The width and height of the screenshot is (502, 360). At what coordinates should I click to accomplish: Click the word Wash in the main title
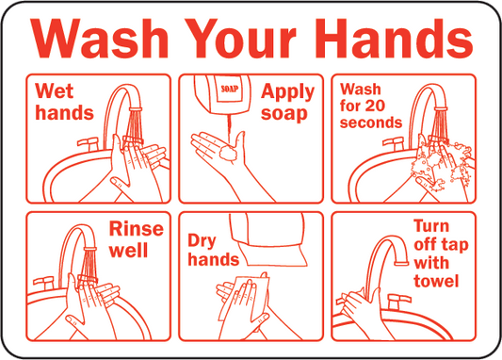coord(99,39)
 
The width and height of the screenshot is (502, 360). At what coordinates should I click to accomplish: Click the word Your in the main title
coord(240,39)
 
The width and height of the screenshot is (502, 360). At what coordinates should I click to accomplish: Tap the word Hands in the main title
coord(396,39)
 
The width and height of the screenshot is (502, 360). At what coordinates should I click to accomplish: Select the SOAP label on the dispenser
coord(230,89)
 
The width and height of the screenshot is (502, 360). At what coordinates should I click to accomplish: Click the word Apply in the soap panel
coord(288,93)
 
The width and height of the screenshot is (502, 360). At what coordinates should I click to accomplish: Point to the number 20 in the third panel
coord(375,106)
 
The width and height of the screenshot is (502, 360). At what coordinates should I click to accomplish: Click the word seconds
coord(371,123)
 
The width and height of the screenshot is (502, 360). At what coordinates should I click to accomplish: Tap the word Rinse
coord(137,229)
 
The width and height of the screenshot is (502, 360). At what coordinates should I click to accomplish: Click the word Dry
coord(202,241)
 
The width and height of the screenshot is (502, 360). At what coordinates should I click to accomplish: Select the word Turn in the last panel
coord(431,226)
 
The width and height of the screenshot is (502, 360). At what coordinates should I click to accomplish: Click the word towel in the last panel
coord(436,281)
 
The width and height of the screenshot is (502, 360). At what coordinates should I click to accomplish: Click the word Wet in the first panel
coord(55,91)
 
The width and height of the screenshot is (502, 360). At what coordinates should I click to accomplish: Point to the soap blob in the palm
coord(228,153)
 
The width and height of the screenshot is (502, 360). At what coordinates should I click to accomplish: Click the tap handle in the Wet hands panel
coord(89,143)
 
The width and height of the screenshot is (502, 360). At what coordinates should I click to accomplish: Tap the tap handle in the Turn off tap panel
coord(398,301)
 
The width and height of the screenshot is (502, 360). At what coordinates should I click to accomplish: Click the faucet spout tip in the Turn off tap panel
coord(401,263)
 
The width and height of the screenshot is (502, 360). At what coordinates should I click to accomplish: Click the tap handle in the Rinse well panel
coord(44,283)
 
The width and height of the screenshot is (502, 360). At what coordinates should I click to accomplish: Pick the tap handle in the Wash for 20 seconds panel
coord(394,143)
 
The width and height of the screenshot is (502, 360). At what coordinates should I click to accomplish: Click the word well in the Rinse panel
coord(129,251)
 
